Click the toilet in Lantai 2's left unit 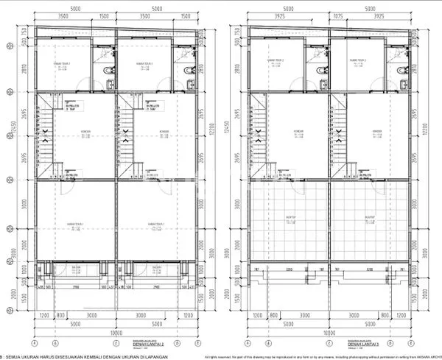click(108, 70)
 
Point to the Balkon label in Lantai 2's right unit click(157, 268)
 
